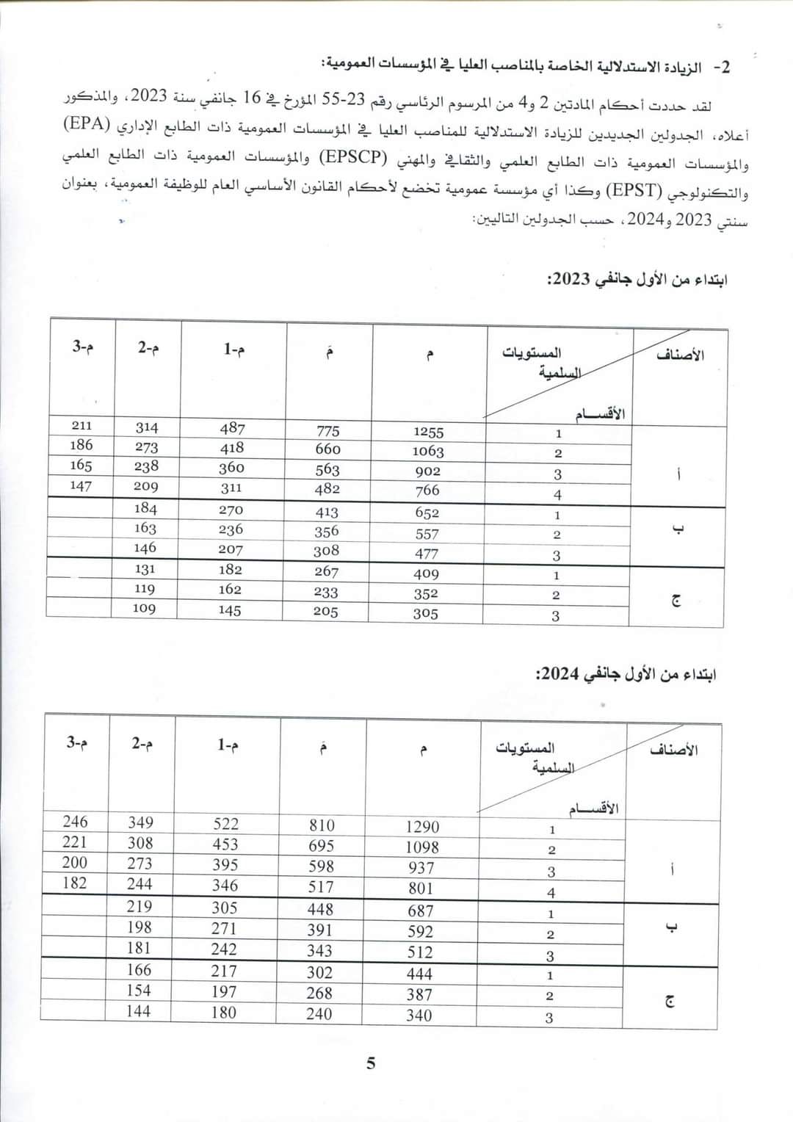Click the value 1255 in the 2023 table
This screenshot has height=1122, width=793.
coord(428,432)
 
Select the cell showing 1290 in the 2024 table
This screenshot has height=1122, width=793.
coord(422,827)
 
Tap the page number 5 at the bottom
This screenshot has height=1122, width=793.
coord(371,1063)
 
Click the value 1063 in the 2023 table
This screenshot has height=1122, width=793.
coord(428,452)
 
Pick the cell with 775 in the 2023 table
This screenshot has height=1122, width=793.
coord(328,430)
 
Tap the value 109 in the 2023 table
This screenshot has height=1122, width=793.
coord(144,608)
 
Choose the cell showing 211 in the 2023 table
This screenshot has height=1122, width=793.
coord(82,425)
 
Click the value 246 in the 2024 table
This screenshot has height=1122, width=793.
coord(75,822)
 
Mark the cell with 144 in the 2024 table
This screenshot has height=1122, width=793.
coord(138,1011)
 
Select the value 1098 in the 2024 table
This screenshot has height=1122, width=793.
coord(422,847)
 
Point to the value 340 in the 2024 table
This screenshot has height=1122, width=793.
coord(419,1016)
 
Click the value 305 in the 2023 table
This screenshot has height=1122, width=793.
coord(425,614)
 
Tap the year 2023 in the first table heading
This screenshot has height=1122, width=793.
coord(571,280)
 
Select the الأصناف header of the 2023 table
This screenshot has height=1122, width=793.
coord(680,355)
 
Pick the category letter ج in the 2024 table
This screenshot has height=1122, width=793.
coord(669,1001)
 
